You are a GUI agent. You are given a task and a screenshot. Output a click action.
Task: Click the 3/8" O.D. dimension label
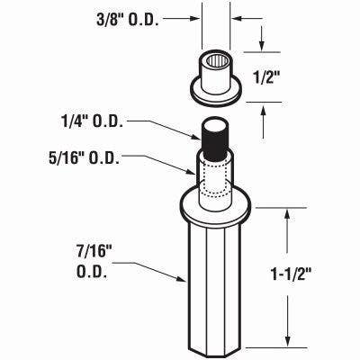tap(128, 20)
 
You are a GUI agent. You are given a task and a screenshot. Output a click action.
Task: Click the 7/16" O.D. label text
tap(92, 262)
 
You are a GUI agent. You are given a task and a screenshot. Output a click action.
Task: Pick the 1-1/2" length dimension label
tap(291, 274)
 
